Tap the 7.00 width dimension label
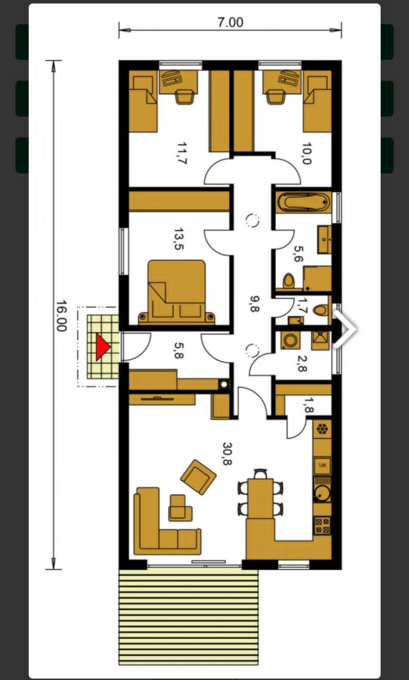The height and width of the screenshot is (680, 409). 230,22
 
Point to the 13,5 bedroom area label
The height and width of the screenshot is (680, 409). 178,239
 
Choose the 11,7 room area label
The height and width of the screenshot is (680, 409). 182,153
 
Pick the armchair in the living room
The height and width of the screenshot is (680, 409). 198,477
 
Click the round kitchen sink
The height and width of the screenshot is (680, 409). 321,493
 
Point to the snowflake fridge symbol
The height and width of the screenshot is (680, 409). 322,429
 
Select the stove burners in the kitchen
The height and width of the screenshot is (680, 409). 323,525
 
